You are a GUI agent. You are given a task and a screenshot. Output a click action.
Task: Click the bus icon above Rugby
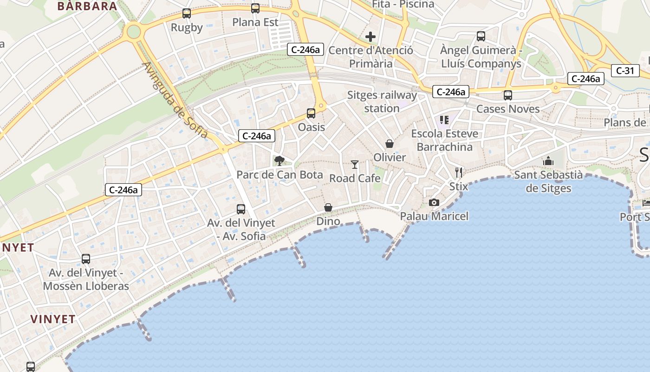187,13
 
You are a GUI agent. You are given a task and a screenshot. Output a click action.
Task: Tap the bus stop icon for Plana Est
255,8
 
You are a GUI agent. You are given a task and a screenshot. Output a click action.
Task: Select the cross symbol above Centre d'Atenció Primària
370,36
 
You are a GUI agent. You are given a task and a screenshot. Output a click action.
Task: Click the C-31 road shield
625,71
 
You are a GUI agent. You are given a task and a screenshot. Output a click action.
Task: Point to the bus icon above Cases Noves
508,95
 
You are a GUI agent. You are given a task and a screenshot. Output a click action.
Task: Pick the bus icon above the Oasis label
311,113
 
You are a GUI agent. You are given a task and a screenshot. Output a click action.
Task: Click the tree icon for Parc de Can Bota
279,161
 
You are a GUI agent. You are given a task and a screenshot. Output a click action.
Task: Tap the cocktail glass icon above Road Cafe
355,164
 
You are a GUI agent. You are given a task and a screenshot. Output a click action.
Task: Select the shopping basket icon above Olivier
390,144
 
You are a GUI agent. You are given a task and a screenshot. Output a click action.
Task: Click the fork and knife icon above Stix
459,173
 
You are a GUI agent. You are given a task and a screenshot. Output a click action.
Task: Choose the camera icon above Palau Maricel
434,202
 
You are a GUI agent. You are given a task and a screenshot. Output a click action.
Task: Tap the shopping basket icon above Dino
328,207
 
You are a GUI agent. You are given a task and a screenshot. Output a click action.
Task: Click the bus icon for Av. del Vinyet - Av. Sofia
241,209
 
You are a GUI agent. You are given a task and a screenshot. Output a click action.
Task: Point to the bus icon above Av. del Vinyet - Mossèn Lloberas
86,259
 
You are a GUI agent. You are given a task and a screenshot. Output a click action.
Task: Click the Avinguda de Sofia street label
175,100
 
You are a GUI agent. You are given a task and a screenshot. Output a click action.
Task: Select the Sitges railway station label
382,102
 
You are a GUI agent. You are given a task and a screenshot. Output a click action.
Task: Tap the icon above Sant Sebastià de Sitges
548,161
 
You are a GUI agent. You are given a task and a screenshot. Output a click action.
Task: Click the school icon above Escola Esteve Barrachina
444,120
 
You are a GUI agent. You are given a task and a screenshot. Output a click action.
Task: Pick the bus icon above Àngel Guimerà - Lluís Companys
481,36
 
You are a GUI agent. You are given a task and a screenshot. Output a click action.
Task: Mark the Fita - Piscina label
403,4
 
